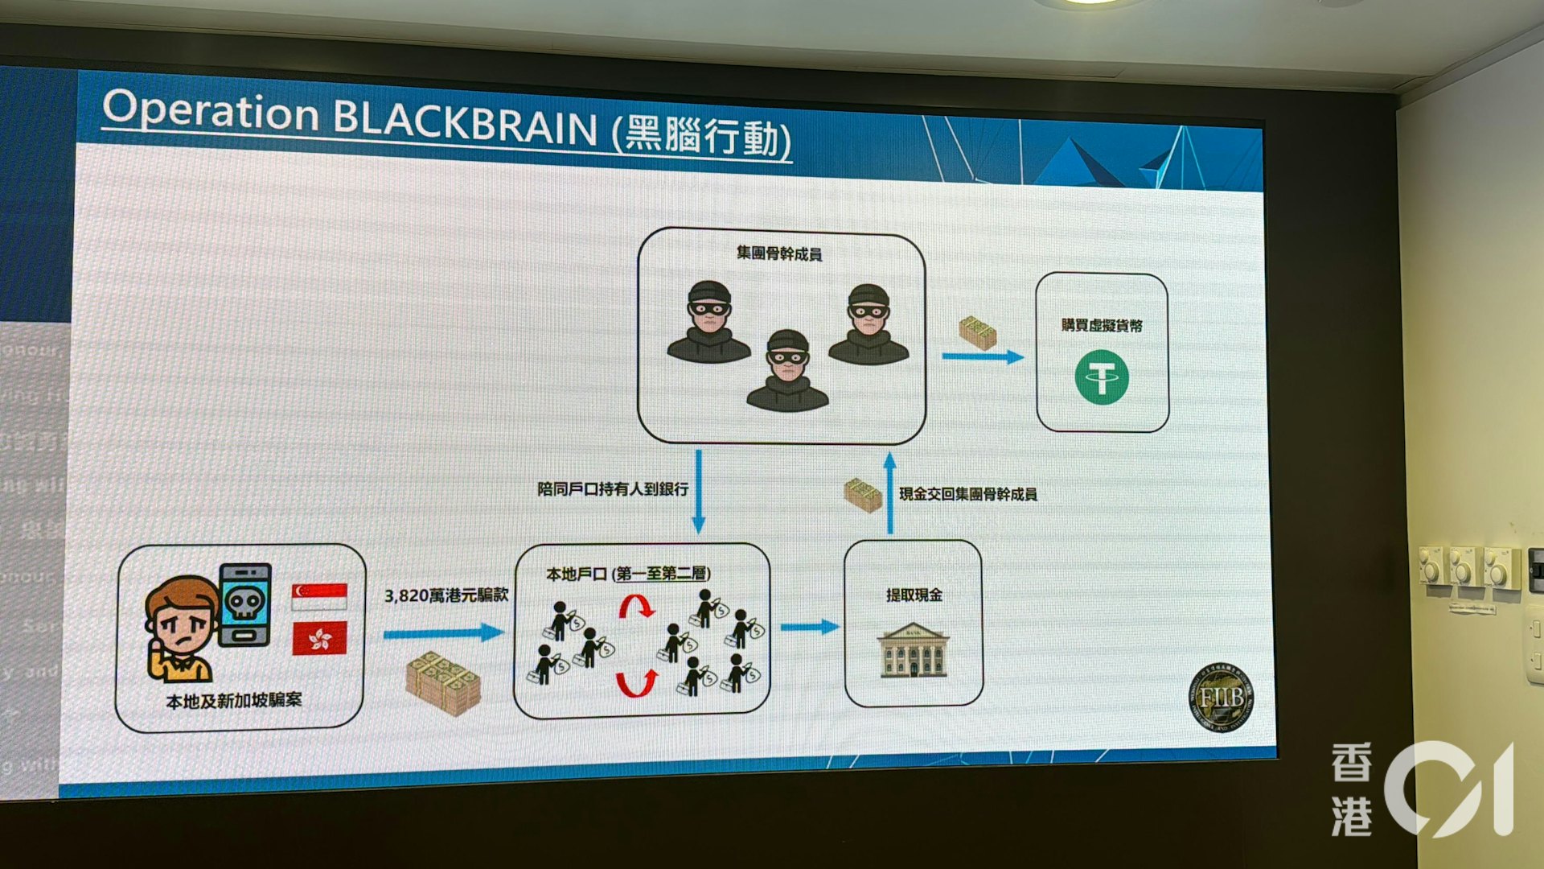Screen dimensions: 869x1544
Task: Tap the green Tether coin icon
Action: point(1102,377)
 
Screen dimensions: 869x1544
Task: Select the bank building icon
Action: point(914,650)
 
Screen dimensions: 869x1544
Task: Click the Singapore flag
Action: point(319,596)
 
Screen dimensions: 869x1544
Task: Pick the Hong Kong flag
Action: point(319,637)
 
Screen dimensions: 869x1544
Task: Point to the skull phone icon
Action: point(244,603)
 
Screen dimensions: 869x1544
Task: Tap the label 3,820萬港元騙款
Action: point(446,595)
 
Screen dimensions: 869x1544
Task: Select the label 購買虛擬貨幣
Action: point(1102,325)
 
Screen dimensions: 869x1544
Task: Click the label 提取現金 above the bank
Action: point(914,595)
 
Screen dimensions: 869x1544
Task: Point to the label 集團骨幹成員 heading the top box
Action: point(779,254)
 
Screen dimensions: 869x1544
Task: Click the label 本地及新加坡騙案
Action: point(234,701)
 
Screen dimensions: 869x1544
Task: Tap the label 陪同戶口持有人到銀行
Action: point(613,489)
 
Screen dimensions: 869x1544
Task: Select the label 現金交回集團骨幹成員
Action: point(968,494)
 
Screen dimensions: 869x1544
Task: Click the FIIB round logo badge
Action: point(1221,698)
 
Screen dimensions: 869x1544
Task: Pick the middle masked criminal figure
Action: point(787,372)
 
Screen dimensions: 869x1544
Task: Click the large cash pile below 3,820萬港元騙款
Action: point(443,682)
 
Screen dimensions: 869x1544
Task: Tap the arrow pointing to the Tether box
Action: point(983,356)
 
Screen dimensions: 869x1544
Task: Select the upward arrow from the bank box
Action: point(889,492)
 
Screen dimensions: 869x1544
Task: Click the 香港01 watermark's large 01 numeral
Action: point(1447,789)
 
